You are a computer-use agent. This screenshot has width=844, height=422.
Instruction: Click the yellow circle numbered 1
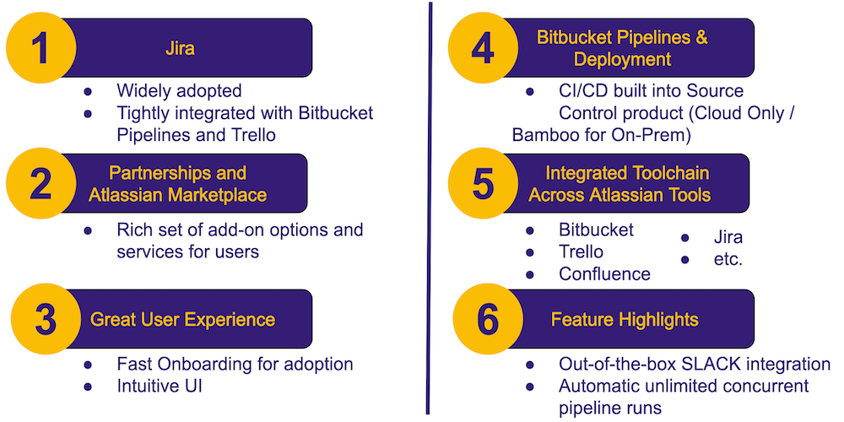click(x=41, y=48)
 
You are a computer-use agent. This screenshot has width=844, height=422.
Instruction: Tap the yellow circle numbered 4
click(x=483, y=48)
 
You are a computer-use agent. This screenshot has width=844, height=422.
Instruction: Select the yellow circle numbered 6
click(x=488, y=319)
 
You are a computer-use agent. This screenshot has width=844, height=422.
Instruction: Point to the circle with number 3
click(x=46, y=319)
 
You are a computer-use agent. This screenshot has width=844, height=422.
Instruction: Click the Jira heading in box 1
click(x=180, y=49)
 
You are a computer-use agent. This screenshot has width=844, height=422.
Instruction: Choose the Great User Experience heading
click(x=182, y=320)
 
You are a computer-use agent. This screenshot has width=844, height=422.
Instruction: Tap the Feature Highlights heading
click(x=625, y=320)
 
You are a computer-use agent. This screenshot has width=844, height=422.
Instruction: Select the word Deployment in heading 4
click(x=623, y=59)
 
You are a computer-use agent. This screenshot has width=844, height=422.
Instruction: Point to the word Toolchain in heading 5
click(x=667, y=173)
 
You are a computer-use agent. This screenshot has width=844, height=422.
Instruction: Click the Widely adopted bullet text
click(x=179, y=91)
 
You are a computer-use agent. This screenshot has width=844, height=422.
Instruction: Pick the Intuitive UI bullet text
click(x=160, y=386)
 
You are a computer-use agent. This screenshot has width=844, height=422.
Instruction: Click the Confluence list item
click(x=604, y=274)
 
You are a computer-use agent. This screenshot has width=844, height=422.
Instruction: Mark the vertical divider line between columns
click(x=430, y=208)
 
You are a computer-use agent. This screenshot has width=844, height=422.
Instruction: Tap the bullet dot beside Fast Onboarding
click(x=88, y=365)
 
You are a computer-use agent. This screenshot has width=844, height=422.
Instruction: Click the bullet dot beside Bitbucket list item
click(x=530, y=230)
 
